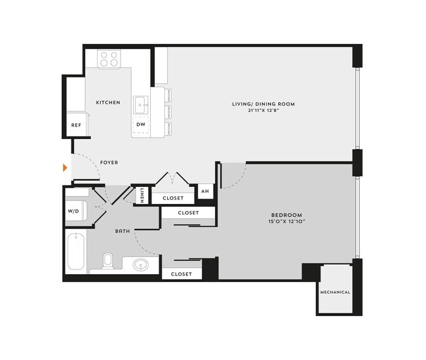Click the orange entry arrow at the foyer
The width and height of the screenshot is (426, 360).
click(x=64, y=168)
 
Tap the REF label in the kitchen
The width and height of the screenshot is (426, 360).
click(x=76, y=125)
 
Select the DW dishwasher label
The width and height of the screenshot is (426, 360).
click(x=141, y=124)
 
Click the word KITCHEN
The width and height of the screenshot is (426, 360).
click(x=108, y=102)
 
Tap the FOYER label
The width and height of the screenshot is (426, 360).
click(x=109, y=162)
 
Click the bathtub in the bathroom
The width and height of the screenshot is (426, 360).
click(x=76, y=250)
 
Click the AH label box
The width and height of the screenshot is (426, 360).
click(x=204, y=191)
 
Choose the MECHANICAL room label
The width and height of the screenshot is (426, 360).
click(x=335, y=292)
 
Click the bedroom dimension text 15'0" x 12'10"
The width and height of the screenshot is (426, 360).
click(x=287, y=222)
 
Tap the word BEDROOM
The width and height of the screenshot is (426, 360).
click(x=287, y=214)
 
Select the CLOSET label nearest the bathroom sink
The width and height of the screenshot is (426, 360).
click(x=181, y=274)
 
